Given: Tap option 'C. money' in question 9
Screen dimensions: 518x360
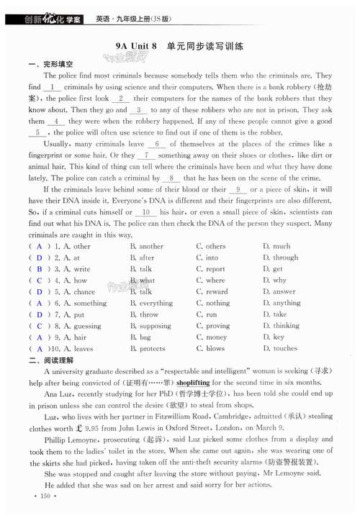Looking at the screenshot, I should pyautogui.click(x=211, y=337).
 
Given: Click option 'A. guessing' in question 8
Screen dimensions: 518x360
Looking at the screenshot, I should pyautogui.click(x=83, y=326).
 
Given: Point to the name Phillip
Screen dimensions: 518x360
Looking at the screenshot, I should pyautogui.click(x=57, y=439).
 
